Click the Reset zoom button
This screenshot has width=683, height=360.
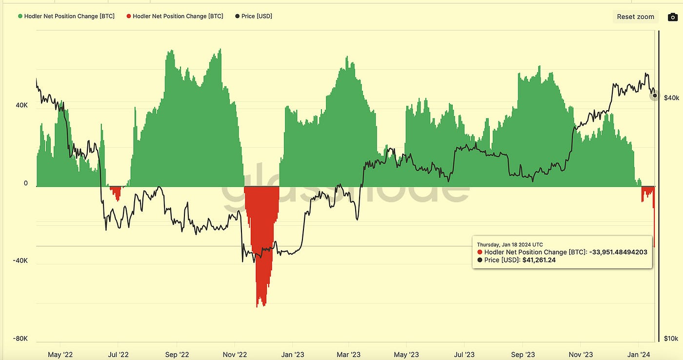[635, 17]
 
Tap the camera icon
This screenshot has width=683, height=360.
[672, 17]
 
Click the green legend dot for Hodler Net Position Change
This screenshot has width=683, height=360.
[20, 16]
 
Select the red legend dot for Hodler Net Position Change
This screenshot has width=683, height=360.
[129, 16]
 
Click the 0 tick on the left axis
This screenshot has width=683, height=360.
[26, 183]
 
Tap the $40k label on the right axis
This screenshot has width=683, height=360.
[671, 98]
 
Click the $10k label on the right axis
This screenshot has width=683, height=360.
[671, 339]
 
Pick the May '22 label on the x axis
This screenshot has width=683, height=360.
[61, 355]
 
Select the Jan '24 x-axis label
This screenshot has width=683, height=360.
[638, 355]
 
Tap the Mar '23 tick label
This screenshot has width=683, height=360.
[349, 355]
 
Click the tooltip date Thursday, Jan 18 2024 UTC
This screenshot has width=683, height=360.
[509, 244]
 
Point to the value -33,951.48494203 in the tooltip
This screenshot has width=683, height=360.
[618, 252]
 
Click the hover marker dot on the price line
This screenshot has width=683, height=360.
[655, 96]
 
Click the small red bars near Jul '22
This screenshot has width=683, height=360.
[116, 192]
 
